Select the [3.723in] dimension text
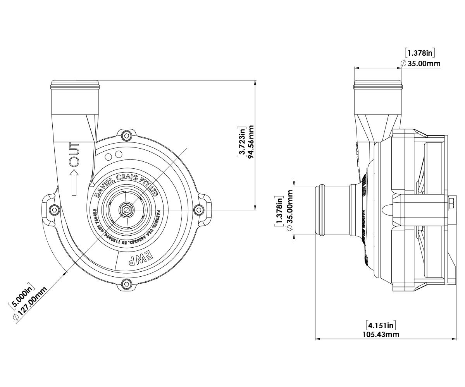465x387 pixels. (242, 142)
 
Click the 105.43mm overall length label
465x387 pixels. (381, 334)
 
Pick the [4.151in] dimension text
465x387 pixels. (381, 325)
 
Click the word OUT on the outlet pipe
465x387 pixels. (74, 154)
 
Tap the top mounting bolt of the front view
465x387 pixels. (126, 135)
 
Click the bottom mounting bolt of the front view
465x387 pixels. (126, 284)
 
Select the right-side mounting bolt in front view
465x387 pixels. (199, 209)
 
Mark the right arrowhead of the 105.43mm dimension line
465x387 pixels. (454, 339)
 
